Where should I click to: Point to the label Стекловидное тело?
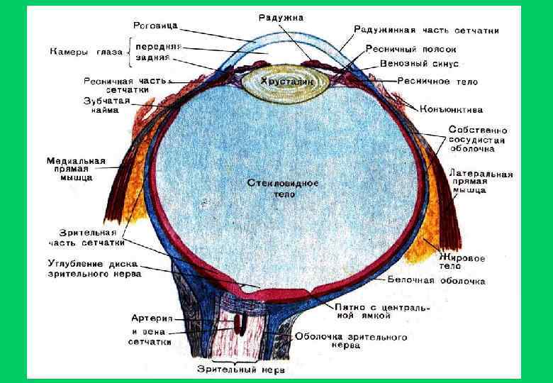click(x=283, y=188)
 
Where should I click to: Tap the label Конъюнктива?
click(x=452, y=110)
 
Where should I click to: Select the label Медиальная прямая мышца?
click(x=76, y=169)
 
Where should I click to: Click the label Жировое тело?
click(x=462, y=263)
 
